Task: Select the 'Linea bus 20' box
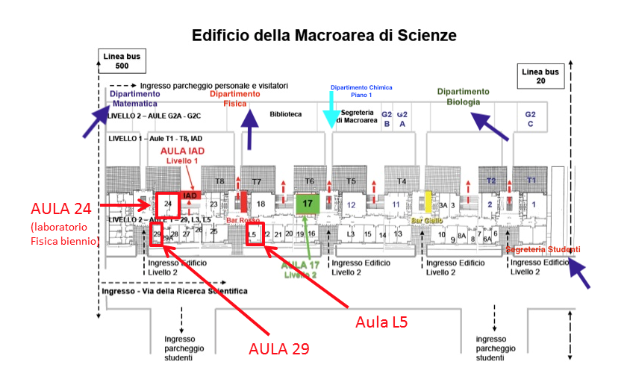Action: click(x=540, y=76)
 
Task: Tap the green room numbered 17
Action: click(x=308, y=202)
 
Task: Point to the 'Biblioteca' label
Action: click(x=285, y=114)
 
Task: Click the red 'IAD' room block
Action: click(x=190, y=195)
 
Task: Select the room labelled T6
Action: click(x=309, y=181)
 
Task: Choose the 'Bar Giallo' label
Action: click(x=426, y=221)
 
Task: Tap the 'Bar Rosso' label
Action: click(x=243, y=221)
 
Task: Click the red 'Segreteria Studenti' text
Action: click(x=543, y=249)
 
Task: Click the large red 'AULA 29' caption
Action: click(x=278, y=348)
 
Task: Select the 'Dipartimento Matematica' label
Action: click(x=135, y=99)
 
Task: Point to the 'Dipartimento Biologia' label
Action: click(x=463, y=96)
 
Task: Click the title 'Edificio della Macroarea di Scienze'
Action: click(x=324, y=35)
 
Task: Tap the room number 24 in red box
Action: click(x=168, y=203)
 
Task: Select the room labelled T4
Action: click(x=402, y=181)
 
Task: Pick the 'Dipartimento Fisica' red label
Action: click(x=234, y=99)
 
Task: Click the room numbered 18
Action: click(x=261, y=204)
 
